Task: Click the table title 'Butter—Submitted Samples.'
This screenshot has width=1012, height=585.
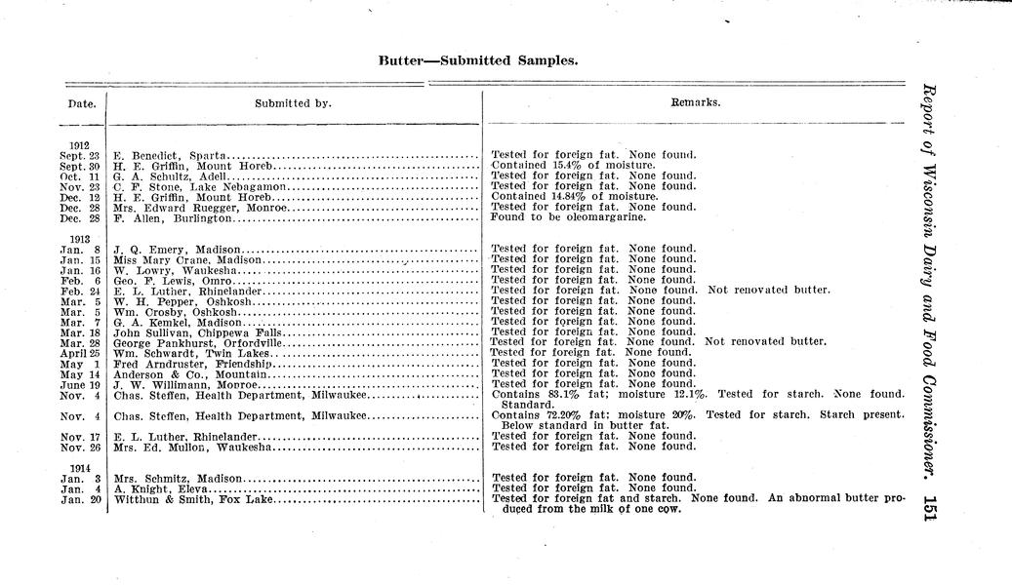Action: pyautogui.click(x=478, y=60)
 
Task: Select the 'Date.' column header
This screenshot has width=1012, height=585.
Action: pyautogui.click(x=81, y=102)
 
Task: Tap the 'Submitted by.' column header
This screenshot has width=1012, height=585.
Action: pyautogui.click(x=293, y=102)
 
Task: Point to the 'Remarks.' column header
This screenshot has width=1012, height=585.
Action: pyautogui.click(x=696, y=102)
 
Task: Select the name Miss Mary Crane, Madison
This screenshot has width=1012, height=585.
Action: pyautogui.click(x=187, y=260)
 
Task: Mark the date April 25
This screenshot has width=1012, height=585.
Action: pyautogui.click(x=81, y=353)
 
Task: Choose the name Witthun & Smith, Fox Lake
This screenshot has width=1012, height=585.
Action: pyautogui.click(x=192, y=499)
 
